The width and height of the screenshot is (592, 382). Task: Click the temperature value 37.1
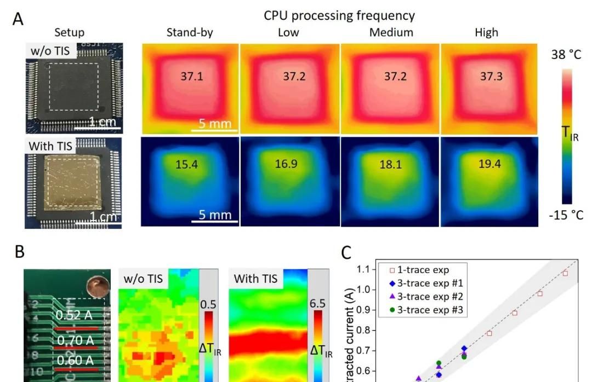192,76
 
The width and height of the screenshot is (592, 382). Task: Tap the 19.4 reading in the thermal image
489,164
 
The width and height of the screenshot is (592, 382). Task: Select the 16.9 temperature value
286,164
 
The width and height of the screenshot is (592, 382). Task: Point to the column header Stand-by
190,32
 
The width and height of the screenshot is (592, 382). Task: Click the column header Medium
391,32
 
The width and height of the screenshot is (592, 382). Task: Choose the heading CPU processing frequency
339,15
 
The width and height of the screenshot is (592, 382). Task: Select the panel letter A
18,19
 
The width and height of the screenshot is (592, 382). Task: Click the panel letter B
19,252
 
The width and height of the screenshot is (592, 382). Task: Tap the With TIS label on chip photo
50,146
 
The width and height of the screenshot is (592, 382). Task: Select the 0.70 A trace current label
75,341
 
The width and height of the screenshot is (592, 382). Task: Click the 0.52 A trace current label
75,315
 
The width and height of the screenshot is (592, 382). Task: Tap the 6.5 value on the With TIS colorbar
318,303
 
